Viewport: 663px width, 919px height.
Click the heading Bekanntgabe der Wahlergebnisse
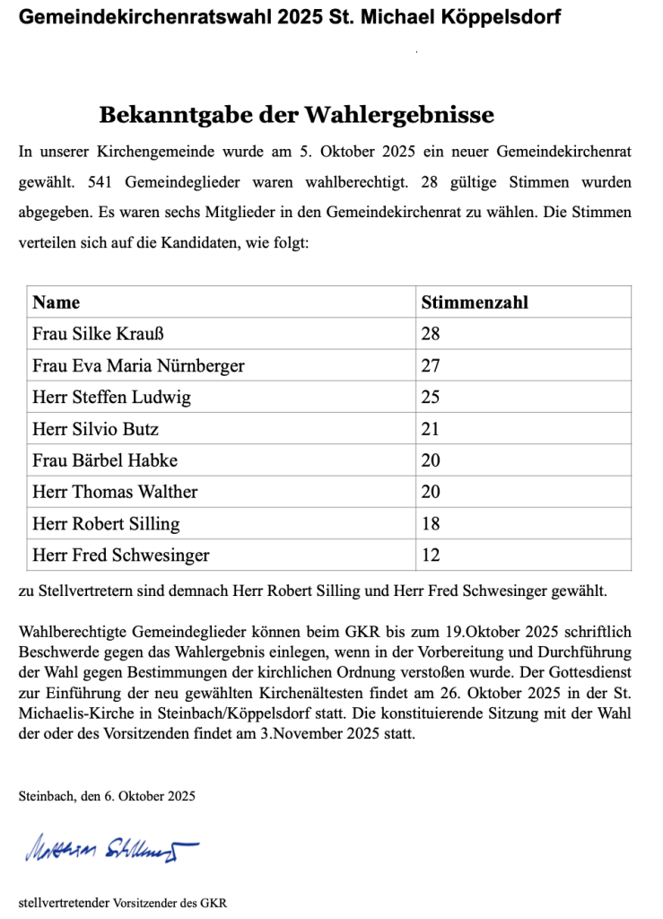(x=296, y=116)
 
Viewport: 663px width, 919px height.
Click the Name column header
(x=57, y=302)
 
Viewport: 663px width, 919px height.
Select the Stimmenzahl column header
(x=475, y=302)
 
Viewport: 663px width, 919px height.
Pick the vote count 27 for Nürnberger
(x=431, y=365)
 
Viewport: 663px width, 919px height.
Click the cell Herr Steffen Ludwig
(x=111, y=397)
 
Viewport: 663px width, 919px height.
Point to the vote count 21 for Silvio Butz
(x=431, y=429)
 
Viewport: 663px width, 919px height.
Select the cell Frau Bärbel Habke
(x=105, y=460)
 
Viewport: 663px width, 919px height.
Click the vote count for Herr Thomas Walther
(x=431, y=492)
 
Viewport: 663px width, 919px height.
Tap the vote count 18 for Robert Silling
(x=431, y=523)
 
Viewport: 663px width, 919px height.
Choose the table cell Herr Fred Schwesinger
(x=120, y=556)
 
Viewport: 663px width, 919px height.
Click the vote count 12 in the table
(x=431, y=556)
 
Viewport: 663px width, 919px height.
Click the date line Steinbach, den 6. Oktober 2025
(x=107, y=796)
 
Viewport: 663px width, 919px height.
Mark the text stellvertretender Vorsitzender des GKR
(x=123, y=903)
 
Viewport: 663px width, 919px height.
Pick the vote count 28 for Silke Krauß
(x=431, y=334)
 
